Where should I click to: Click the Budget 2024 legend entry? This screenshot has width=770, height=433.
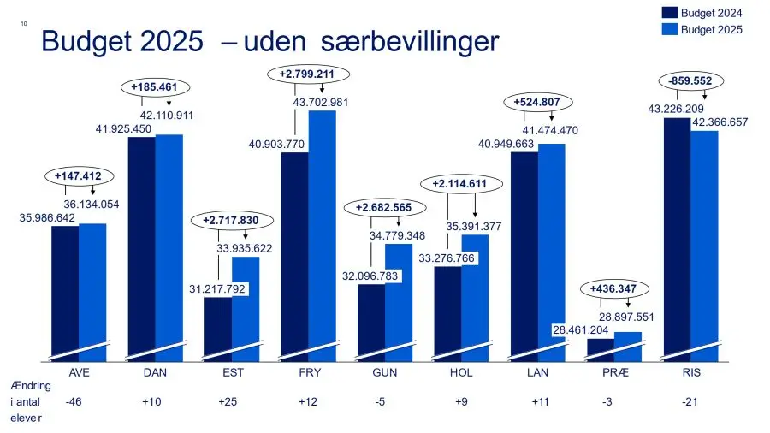(x=701, y=13)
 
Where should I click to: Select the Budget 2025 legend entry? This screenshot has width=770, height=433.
(x=701, y=30)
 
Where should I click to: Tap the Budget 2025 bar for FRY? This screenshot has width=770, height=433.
(x=322, y=231)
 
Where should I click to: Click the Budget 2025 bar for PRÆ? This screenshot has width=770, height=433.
(x=628, y=345)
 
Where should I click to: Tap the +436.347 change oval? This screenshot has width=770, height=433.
(x=613, y=289)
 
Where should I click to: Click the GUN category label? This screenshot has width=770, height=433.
(x=384, y=374)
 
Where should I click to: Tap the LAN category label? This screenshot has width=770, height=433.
(x=537, y=374)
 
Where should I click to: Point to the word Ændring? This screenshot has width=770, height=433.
(x=31, y=386)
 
